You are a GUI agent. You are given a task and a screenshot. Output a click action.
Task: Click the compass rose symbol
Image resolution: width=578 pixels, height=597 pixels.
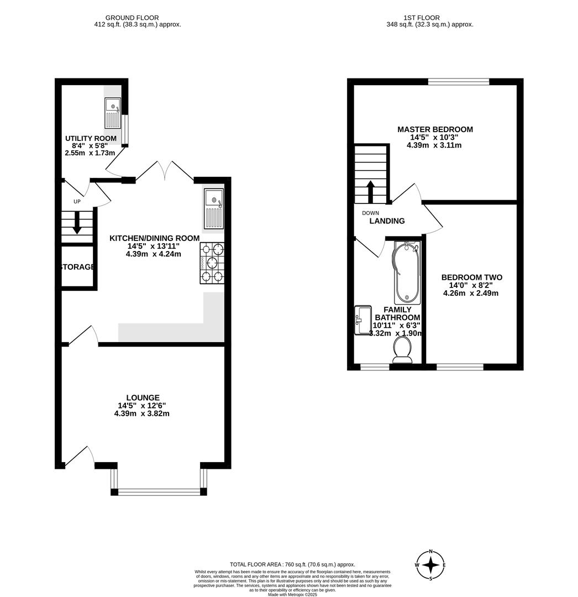(431, 564)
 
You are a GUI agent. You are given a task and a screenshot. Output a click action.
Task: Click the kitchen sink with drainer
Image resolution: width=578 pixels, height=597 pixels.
(213, 208)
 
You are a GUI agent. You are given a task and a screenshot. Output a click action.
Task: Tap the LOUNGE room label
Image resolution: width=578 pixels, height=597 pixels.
(143, 397)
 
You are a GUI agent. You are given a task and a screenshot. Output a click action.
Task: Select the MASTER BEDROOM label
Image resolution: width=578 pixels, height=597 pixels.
(435, 129)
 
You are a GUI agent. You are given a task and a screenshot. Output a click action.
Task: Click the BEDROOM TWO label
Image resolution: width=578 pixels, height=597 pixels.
(471, 277)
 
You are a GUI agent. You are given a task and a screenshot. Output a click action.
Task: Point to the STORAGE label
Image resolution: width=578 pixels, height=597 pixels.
(77, 267)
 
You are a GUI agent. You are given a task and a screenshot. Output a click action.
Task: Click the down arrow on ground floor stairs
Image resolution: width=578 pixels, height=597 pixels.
(77, 223)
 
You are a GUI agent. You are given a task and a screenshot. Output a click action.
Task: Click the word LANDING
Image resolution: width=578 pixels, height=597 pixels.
(387, 221)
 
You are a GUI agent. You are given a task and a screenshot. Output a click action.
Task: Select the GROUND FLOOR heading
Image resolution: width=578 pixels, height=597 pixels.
(132, 18)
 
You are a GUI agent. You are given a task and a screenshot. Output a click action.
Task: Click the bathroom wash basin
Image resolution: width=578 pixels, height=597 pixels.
(362, 321)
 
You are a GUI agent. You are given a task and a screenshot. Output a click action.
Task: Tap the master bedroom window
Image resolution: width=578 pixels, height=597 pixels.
(459, 82)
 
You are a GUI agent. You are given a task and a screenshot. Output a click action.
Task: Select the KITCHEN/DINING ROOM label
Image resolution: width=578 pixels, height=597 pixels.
(154, 238)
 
